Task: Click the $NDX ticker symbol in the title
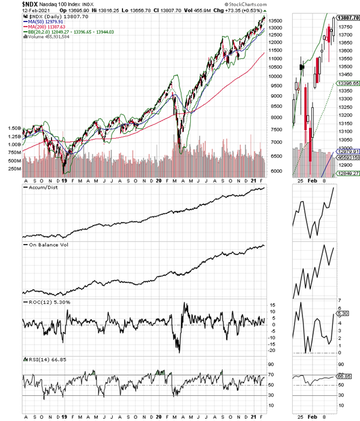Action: [16, 5]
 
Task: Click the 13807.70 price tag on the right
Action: [346, 19]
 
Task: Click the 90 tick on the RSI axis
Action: [271, 364]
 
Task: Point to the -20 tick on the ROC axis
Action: [271, 350]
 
